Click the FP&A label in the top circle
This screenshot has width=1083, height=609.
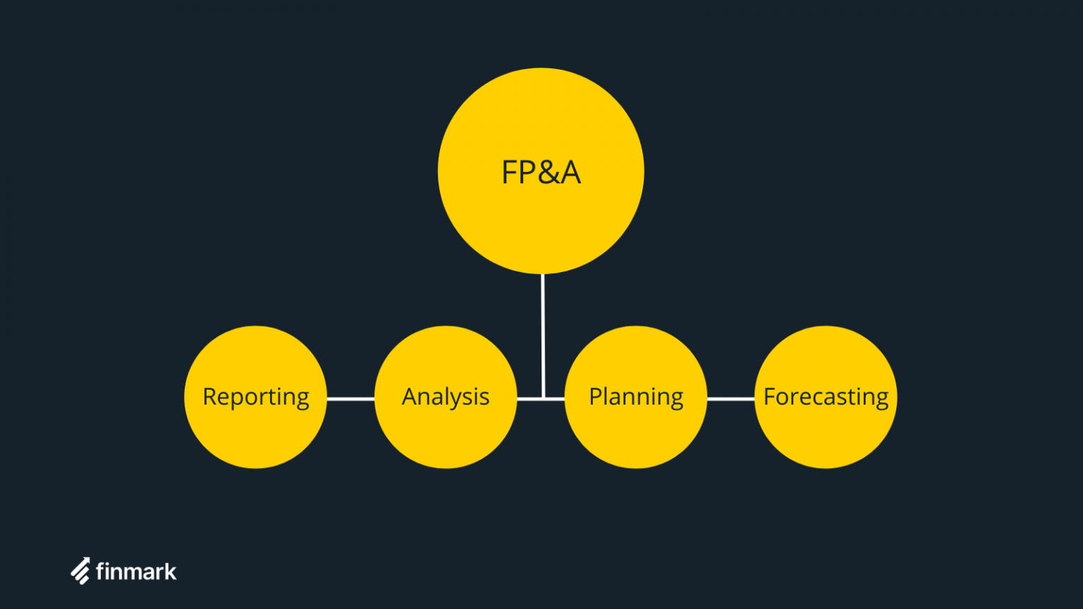click(541, 173)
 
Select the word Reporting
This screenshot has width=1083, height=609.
click(256, 397)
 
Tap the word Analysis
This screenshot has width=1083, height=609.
click(446, 397)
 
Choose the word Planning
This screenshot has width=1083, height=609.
click(636, 397)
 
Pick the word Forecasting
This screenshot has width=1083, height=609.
click(826, 397)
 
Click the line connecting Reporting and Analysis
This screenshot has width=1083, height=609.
click(350, 399)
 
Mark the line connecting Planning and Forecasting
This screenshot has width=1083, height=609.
click(730, 399)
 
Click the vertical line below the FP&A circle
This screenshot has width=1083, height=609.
click(542, 331)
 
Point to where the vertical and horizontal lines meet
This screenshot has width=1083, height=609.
click(543, 399)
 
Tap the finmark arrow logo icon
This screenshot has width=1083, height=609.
click(80, 571)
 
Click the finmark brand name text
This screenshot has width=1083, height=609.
click(136, 571)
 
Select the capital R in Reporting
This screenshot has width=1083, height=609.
click(209, 397)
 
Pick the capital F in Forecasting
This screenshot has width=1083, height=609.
click(770, 397)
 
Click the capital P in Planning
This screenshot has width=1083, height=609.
click(595, 397)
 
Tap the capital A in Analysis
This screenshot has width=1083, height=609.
click(410, 397)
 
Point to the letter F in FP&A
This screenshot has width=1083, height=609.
click(509, 173)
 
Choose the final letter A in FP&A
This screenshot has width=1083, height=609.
click(570, 173)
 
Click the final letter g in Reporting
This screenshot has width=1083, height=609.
click(302, 399)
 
